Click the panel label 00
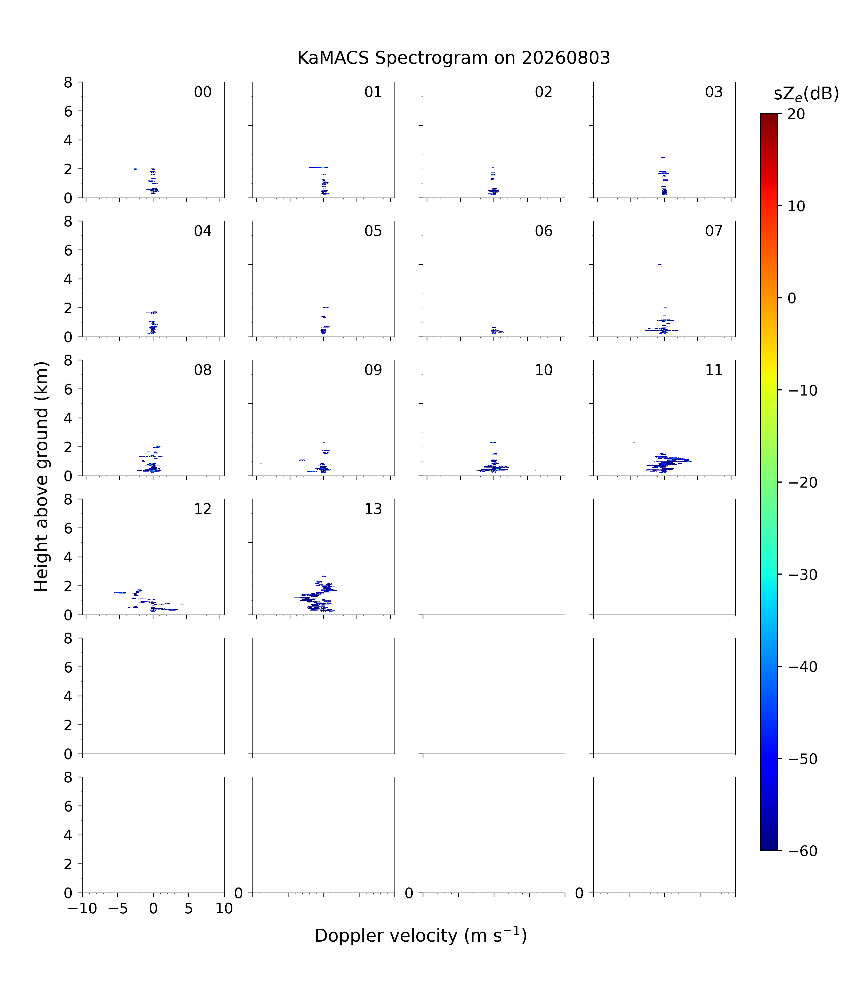point(203,92)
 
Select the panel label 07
point(714,231)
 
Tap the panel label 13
point(373,509)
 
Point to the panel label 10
point(544,370)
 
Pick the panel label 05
point(373,231)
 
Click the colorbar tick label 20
point(796,114)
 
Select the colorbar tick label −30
point(803,575)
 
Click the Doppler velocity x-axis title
point(421,936)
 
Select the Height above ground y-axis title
point(42,477)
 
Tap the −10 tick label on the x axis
point(82,909)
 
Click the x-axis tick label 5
point(189,909)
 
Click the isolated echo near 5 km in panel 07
point(659,265)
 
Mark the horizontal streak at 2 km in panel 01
point(318,167)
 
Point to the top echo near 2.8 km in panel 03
point(663,157)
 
